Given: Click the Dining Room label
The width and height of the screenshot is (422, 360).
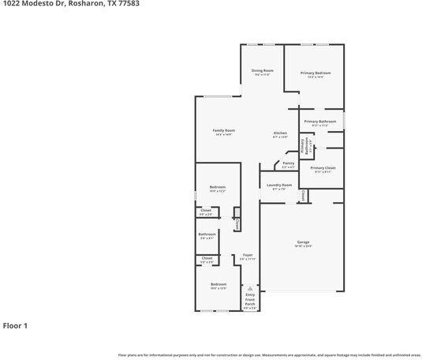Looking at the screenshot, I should (x=263, y=70).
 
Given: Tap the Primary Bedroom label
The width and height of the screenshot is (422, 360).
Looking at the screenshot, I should (x=315, y=73).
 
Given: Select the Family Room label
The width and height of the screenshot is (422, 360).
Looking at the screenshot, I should (x=223, y=130).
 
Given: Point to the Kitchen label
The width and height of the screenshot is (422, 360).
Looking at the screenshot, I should (x=280, y=133).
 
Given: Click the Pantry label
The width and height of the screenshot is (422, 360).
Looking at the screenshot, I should (x=288, y=163).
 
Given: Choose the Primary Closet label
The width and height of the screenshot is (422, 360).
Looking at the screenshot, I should (x=323, y=167).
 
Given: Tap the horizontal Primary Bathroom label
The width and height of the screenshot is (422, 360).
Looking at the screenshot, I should (x=320, y=121).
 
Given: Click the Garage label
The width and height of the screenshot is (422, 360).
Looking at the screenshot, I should (x=303, y=242).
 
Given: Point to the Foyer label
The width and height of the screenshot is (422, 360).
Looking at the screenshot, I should (x=248, y=254).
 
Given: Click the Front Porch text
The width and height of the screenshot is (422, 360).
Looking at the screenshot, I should (x=250, y=301).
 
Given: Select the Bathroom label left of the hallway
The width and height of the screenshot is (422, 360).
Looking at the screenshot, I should (x=207, y=233).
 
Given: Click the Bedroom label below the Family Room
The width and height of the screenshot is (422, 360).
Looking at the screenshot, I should (x=217, y=186).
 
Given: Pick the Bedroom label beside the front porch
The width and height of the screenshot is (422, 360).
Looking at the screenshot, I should (x=218, y=283).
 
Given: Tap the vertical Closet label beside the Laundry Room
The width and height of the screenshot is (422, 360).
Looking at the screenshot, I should (x=303, y=194).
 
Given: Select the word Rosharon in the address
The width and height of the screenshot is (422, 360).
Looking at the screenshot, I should (x=80, y=4).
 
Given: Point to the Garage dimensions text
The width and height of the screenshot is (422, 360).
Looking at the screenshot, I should (x=303, y=246).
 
